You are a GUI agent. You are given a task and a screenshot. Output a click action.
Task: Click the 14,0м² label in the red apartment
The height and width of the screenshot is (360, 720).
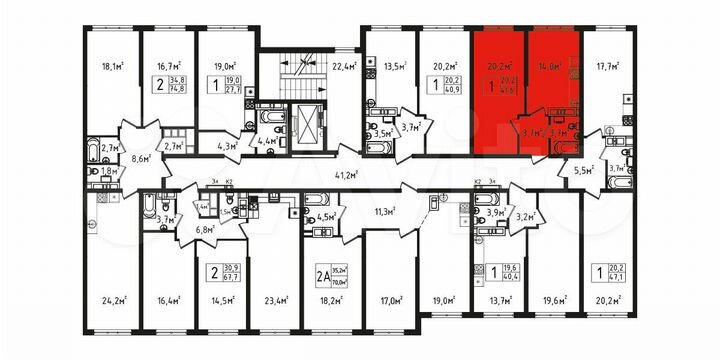[548, 69]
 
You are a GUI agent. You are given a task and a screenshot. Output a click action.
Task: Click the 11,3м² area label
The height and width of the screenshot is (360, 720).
[384, 212]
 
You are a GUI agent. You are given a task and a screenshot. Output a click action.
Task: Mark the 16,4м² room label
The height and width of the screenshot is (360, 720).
[167, 298]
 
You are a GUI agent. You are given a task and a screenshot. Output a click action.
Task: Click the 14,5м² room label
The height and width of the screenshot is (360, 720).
[222, 298]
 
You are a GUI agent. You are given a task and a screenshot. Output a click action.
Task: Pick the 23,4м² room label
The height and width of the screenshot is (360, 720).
[277, 298]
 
